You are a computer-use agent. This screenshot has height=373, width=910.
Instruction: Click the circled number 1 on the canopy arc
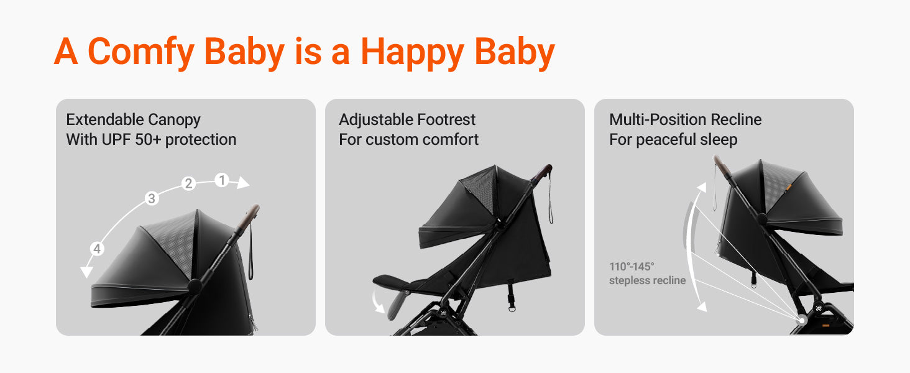pos(222,180)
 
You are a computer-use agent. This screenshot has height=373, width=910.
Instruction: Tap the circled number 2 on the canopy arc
pos(188,183)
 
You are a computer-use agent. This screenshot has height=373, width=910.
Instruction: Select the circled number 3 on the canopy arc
pos(152,198)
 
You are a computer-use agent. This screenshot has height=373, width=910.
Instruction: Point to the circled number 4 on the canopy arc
pos(97,248)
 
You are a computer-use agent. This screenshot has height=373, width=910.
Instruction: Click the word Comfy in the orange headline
pos(141,52)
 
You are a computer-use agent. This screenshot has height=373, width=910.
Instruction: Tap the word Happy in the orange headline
pos(412,52)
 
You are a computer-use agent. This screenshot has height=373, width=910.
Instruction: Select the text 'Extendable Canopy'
pos(133,120)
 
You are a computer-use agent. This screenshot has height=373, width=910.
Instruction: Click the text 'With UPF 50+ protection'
pos(151,139)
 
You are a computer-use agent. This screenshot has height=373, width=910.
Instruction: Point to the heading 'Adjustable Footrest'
pos(407,119)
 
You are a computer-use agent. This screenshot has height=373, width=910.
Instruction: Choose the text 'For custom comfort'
pos(408,139)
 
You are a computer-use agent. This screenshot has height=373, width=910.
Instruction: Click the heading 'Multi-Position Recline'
pos(686,119)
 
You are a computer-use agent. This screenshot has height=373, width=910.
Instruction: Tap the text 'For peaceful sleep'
pos(673,140)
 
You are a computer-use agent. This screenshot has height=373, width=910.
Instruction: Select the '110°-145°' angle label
pos(632,267)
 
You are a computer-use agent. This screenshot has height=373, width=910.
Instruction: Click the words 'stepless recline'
pos(647,280)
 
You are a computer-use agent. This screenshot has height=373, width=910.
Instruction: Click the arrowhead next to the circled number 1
pos(242,182)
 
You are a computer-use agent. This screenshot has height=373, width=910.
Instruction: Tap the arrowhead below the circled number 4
pos(86,272)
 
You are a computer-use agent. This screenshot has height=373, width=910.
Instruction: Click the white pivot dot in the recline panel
pos(802,321)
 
